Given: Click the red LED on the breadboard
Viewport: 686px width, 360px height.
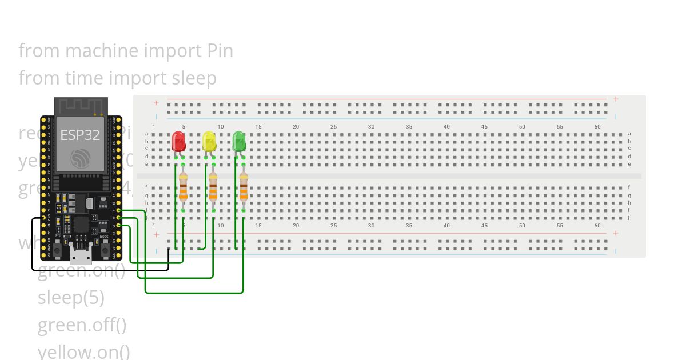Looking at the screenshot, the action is pyautogui.click(x=178, y=141).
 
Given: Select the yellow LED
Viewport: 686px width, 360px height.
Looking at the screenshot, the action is pyautogui.click(x=209, y=141).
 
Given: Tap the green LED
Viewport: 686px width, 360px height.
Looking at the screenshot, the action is pyautogui.click(x=239, y=141).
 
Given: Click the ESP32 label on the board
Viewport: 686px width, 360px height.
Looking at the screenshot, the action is pyautogui.click(x=80, y=135).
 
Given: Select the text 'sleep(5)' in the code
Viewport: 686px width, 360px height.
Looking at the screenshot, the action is pyautogui.click(x=71, y=298).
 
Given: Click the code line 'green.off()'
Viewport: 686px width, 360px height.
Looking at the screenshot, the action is pyautogui.click(x=82, y=325).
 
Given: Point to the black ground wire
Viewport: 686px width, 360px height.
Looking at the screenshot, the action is pyautogui.click(x=100, y=270).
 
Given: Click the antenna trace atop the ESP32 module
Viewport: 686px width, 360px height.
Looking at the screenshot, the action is pyautogui.click(x=81, y=106).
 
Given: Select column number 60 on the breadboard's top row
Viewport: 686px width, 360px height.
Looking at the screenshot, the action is pyautogui.click(x=597, y=127).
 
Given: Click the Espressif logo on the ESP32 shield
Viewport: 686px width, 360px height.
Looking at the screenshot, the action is pyautogui.click(x=80, y=159).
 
